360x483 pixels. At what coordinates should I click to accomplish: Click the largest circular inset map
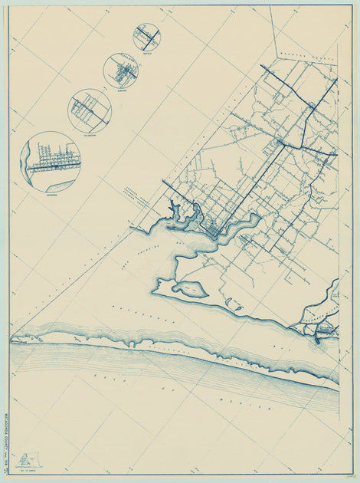click(51, 162)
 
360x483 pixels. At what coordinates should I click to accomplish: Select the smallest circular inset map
click(146, 37)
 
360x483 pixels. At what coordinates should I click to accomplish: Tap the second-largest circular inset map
click(90, 110)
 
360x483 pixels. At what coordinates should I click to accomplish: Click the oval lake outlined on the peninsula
click(190, 289)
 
